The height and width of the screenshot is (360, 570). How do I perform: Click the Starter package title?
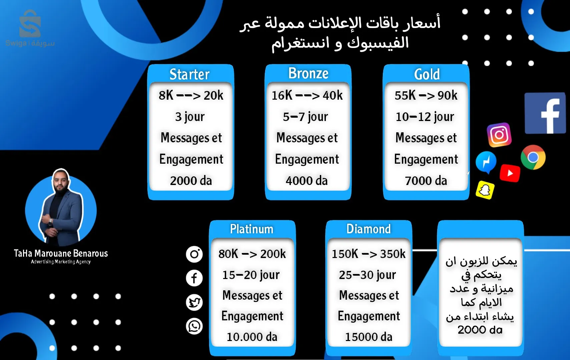click(x=189, y=74)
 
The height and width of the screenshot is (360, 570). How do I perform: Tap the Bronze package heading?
click(x=308, y=73)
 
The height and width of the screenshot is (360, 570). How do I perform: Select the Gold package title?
click(x=427, y=74)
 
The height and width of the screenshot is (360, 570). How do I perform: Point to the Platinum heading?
click(x=252, y=229)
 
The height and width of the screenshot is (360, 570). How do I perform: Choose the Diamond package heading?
click(x=369, y=229)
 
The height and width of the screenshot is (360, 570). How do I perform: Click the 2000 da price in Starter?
click(x=191, y=181)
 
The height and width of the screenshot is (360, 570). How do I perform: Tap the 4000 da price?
click(x=307, y=181)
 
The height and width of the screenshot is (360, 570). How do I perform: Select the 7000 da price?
click(x=426, y=181)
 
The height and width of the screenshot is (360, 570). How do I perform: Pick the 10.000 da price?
click(x=252, y=337)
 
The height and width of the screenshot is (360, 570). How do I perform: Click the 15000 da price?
click(x=369, y=337)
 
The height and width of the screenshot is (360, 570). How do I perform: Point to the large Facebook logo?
click(x=545, y=113)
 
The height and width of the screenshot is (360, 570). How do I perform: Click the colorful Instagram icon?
click(x=499, y=135)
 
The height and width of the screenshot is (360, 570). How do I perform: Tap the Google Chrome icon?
click(x=533, y=157)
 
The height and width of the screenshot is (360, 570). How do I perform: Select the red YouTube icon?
click(x=510, y=173)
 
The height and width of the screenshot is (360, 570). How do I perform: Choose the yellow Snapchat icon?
click(x=485, y=190)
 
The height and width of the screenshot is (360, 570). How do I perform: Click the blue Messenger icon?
click(x=486, y=162)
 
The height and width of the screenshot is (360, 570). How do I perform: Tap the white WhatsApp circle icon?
click(x=194, y=326)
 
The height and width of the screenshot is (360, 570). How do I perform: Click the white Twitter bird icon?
click(x=194, y=302)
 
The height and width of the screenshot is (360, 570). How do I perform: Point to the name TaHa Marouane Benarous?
click(x=61, y=253)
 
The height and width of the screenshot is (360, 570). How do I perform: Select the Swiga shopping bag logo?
click(x=30, y=24)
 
